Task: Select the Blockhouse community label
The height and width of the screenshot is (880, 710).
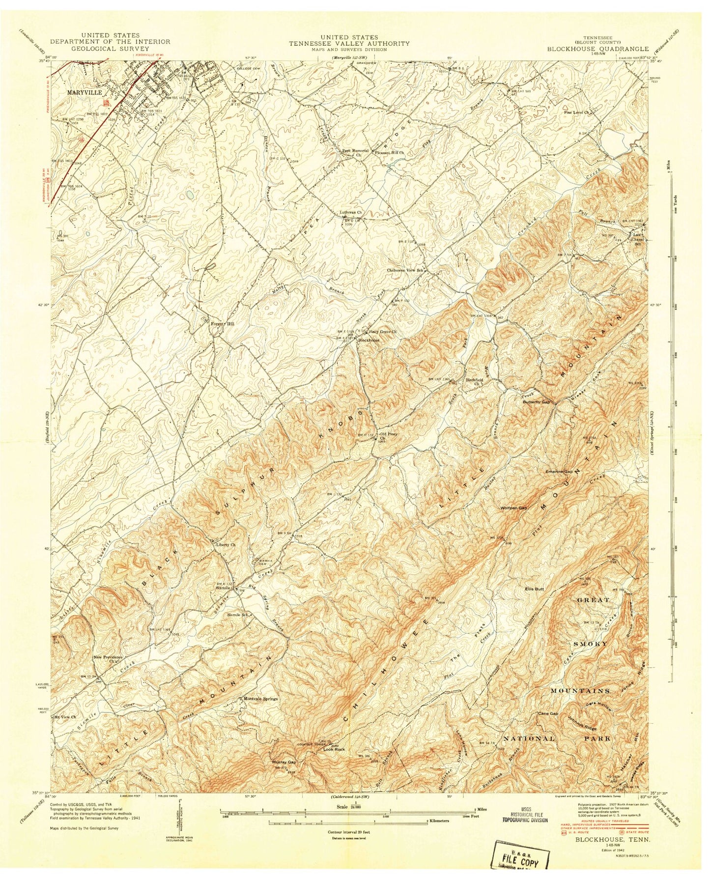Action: [369, 340]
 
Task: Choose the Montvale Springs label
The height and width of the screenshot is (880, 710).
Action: [259, 698]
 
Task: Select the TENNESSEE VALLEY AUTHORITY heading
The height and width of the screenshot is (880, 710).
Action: [349, 43]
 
